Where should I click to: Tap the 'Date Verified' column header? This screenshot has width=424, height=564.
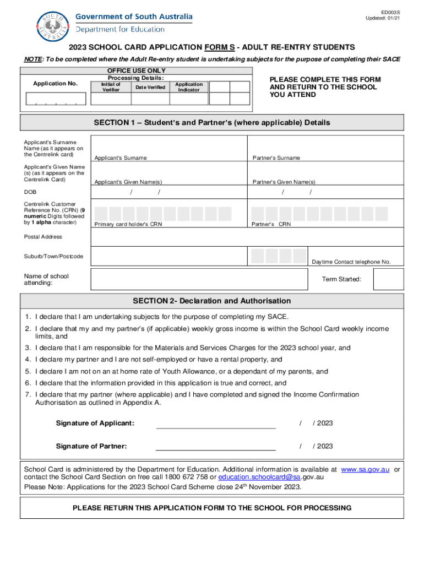point(150,87)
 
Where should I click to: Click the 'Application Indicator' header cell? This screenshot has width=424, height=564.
point(188,87)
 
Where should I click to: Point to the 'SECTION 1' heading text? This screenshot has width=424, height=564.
point(212,122)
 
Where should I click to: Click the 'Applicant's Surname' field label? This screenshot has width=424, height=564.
point(121,158)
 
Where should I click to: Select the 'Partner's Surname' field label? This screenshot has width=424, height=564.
point(276,158)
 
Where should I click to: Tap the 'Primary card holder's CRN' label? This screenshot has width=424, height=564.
point(128,224)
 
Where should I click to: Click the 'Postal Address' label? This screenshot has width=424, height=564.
point(43,237)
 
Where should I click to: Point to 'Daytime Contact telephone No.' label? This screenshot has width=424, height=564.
point(351,262)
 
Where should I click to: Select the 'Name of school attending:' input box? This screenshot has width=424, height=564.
point(198,279)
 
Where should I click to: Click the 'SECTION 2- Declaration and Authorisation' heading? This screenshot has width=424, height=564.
point(212,301)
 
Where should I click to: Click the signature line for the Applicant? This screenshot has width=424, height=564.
point(216,424)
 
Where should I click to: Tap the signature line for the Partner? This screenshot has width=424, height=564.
point(216,447)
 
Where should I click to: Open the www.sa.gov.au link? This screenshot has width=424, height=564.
point(365,469)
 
